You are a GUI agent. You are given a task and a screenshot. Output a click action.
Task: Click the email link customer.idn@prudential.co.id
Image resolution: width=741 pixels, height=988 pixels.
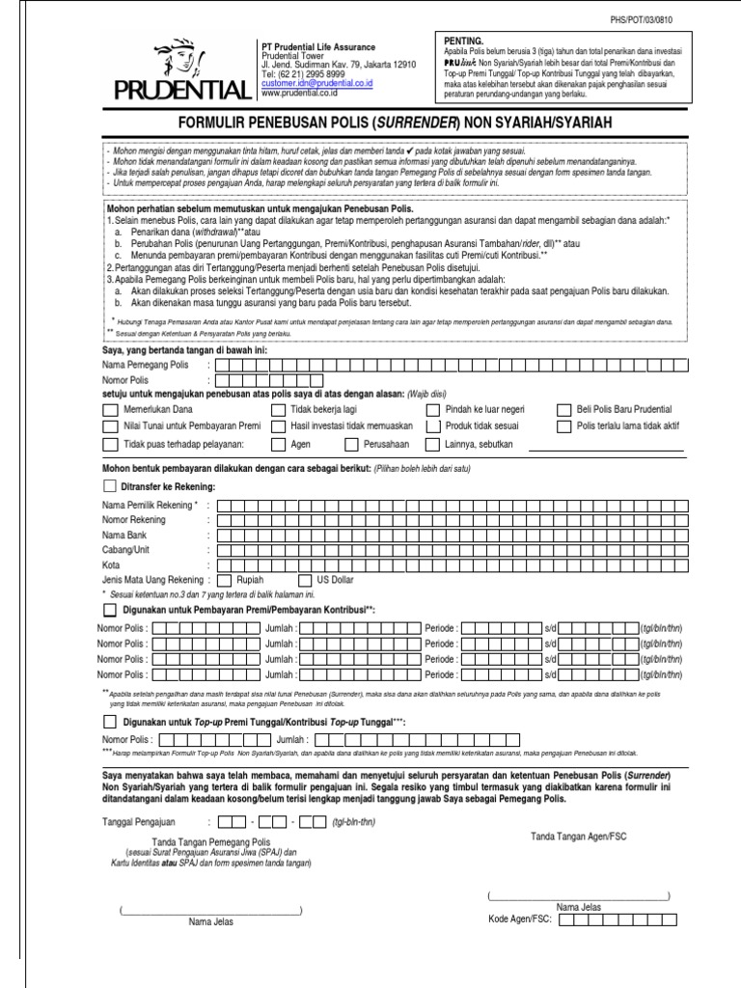click(316, 84)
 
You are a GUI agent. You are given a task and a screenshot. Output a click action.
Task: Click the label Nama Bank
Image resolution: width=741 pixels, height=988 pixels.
click(125, 535)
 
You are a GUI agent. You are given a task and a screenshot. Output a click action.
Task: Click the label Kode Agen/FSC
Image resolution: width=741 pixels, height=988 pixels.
click(520, 919)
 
